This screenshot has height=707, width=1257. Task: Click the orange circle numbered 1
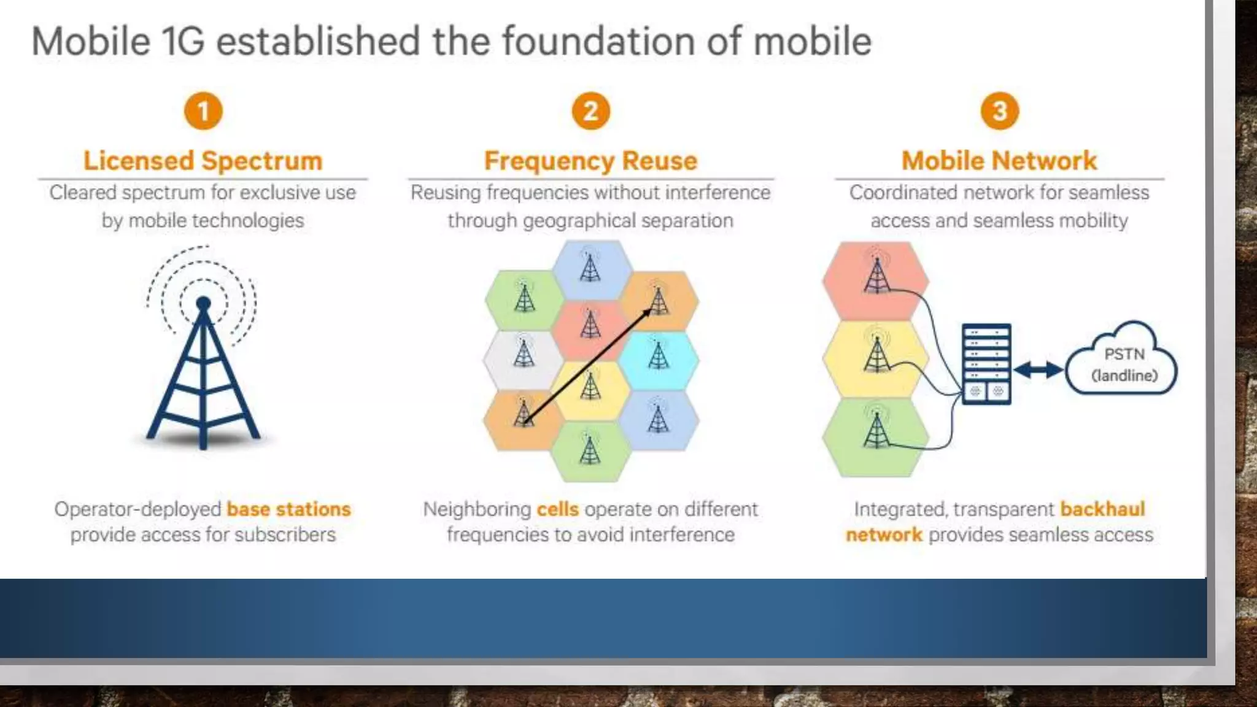pos(203,111)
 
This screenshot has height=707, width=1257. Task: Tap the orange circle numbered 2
pos(590,111)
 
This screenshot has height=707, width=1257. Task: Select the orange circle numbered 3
pos(999,111)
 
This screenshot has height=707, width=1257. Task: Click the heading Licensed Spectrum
pos(203,161)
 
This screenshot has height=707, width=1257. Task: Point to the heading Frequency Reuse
pos(590,161)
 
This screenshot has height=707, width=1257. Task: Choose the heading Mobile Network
pos(999,161)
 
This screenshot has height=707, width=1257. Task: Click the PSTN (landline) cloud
pos(1123,362)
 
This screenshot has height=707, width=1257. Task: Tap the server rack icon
pos(986,363)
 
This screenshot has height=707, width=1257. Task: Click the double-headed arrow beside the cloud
pos(1038,369)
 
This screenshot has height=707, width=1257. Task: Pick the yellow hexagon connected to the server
pos(876,358)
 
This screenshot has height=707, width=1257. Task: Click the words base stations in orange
pos(288,509)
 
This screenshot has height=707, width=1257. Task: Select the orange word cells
pos(557,509)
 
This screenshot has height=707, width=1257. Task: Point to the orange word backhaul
pos(1102,509)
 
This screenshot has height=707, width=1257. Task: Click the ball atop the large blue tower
pos(203,303)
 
